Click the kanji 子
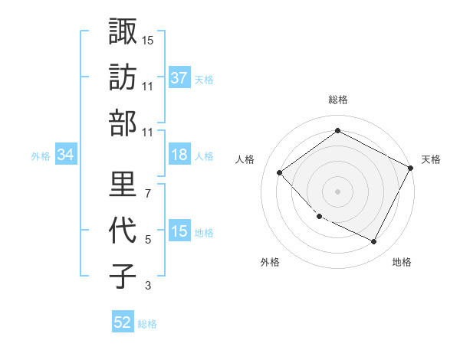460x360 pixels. point(123,276)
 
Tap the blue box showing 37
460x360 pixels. point(179,77)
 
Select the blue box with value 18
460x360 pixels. point(179,155)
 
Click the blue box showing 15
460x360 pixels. point(179,231)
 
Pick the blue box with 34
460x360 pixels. point(66,155)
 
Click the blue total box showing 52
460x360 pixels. point(123,322)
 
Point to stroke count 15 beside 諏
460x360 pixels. point(148,39)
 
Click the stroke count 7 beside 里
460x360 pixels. point(147,192)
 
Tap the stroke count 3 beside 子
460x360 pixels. point(147,286)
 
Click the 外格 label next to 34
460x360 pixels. point(41,155)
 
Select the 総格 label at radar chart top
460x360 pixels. point(337,100)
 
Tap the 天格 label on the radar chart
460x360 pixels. point(431,159)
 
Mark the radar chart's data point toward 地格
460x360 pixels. point(374,242)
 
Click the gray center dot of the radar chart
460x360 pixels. point(337,191)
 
